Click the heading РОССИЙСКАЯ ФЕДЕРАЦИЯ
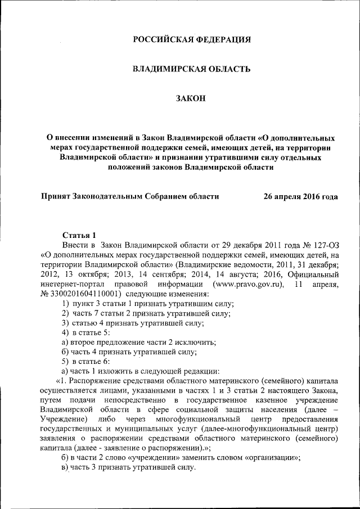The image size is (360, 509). [191, 39]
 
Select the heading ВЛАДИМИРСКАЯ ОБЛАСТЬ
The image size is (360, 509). [191, 69]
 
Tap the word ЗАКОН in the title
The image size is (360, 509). [191, 99]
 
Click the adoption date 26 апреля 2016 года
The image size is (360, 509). [301, 197]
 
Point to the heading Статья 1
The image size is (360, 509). [79, 235]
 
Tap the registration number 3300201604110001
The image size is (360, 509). [83, 294]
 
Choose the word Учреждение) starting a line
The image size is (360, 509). [64, 420]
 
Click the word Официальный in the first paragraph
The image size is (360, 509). [313, 274]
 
